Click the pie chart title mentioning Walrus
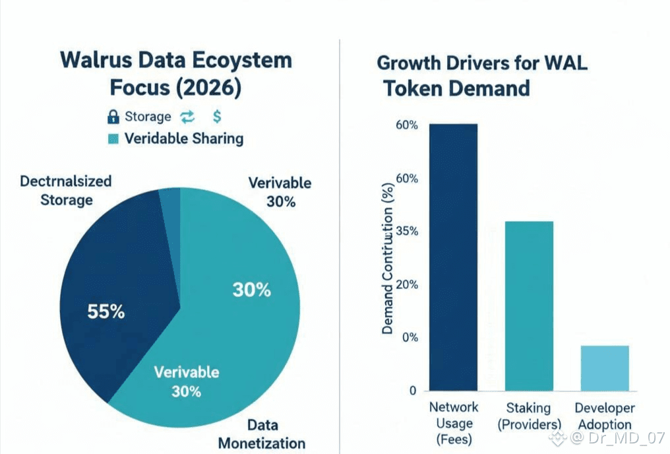[175, 73]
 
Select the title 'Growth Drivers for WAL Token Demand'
[481, 76]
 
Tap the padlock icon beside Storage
[112, 117]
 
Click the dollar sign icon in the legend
[217, 117]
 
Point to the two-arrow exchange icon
[188, 117]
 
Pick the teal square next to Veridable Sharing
[113, 139]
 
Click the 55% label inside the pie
[106, 311]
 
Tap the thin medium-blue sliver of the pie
[169, 205]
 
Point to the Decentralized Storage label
[66, 190]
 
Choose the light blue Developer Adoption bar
[605, 367]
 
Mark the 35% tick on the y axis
[408, 232]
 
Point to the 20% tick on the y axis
[408, 284]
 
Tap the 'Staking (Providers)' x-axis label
[529, 416]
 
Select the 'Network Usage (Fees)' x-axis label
[453, 422]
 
